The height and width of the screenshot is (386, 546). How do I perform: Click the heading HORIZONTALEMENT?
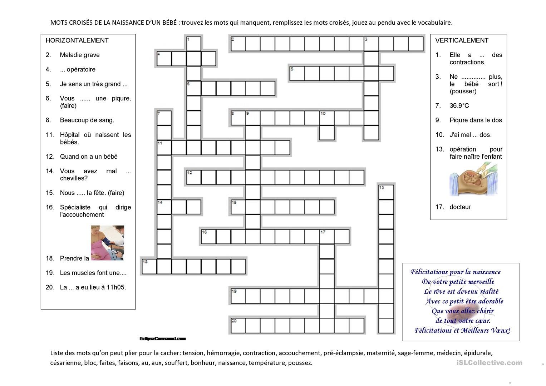coord(77,40)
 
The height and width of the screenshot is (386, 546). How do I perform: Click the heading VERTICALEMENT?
coord(462,40)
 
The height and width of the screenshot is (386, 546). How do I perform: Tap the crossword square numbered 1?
coord(194,44)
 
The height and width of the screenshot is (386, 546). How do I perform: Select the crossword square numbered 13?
coord(386,192)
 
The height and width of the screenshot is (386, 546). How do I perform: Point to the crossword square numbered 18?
coord(149,267)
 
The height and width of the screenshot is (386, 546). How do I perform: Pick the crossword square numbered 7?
coord(164,118)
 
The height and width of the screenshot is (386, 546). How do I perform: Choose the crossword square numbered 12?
coord(194,177)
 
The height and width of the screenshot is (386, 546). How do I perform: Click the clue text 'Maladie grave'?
coord(80,55)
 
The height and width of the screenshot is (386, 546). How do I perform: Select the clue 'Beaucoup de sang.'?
coord(87,120)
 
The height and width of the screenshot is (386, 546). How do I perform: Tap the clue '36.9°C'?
coord(459,106)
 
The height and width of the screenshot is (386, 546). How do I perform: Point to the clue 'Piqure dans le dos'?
coord(476,120)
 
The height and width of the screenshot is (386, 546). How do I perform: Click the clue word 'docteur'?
coord(460,207)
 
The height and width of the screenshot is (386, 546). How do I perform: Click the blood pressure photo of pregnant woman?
coord(107,243)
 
